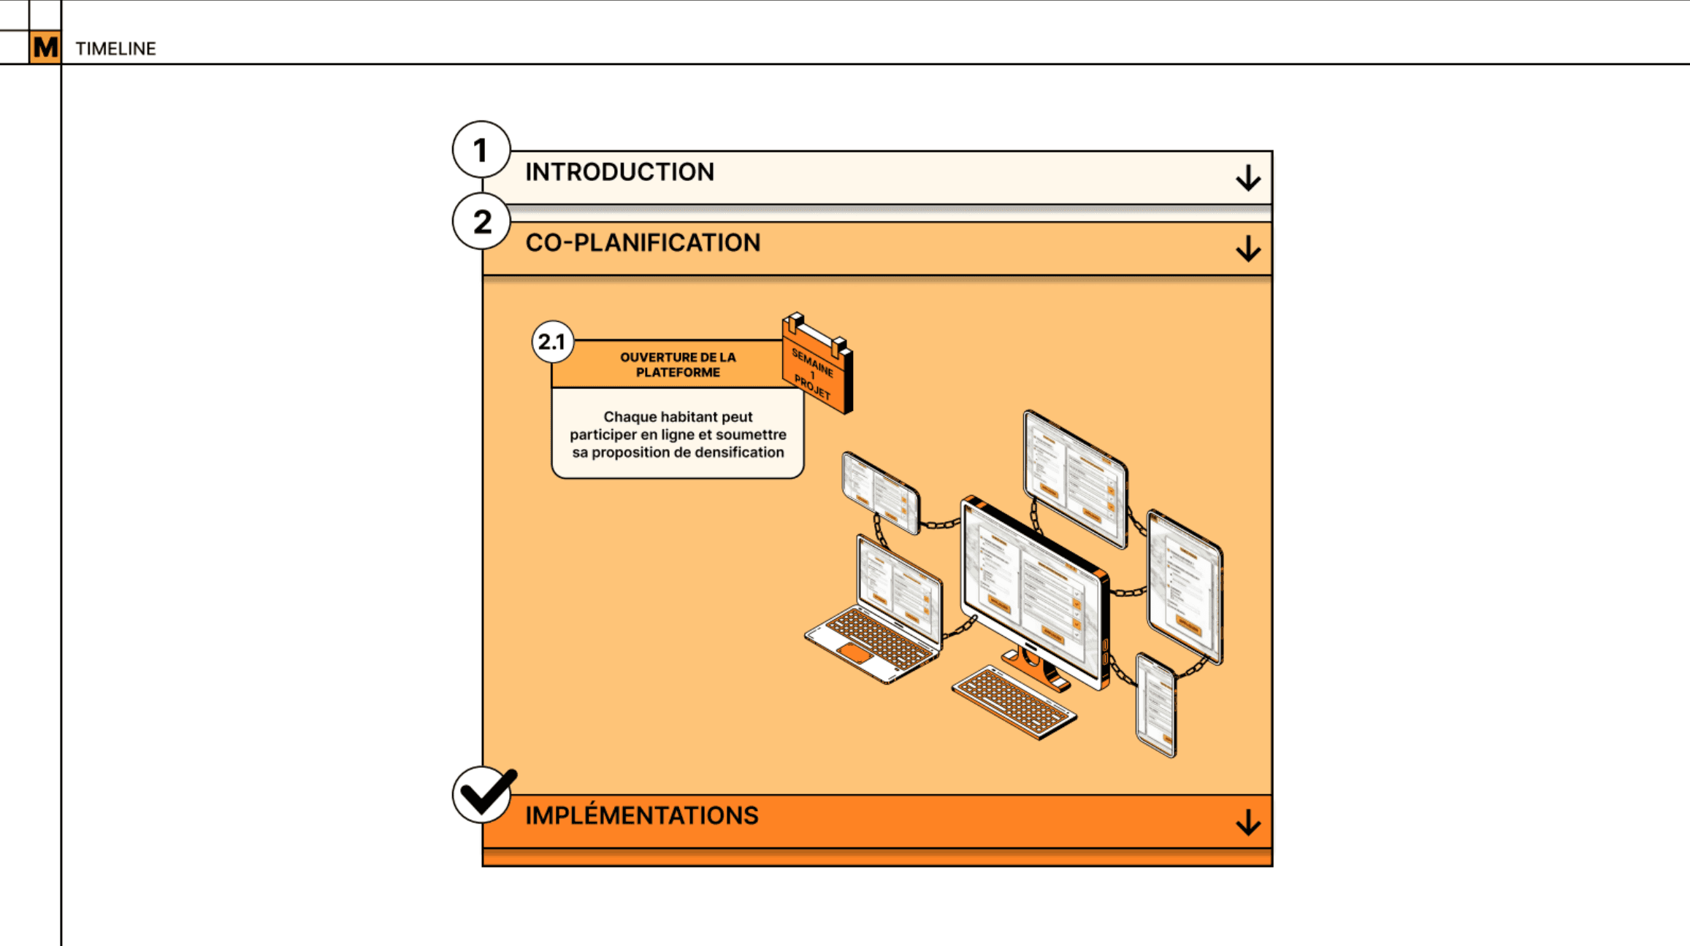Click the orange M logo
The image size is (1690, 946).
coord(45,47)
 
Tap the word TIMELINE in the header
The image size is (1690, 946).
coord(115,49)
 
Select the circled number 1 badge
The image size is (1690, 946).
coord(481,150)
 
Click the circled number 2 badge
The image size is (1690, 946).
coord(481,222)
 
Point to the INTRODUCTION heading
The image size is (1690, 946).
coord(619,172)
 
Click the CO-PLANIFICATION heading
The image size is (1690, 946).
coord(643,243)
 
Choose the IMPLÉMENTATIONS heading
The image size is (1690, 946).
coord(641,815)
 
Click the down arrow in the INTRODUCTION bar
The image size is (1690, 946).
coord(1248,178)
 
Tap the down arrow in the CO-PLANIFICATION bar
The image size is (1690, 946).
coord(1248,249)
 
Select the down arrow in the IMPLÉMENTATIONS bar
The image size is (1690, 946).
coord(1248,823)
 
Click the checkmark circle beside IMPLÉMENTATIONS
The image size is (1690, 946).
coord(483,794)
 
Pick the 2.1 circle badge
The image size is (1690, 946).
coord(552,342)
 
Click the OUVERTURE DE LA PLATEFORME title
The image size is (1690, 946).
coord(678,365)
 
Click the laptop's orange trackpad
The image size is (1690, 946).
coord(854,652)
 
